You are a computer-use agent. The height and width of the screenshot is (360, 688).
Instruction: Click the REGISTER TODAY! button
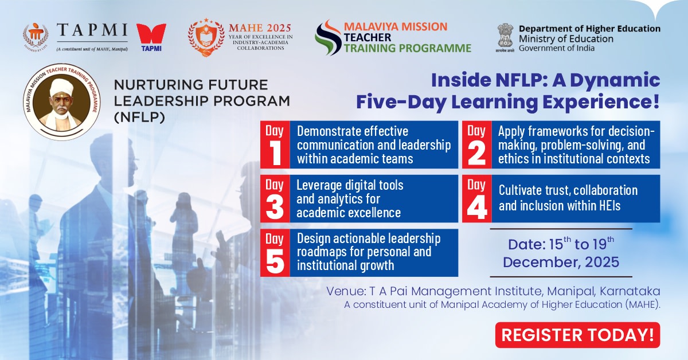[x=577, y=335]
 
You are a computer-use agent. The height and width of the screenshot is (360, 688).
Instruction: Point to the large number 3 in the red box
[x=275, y=208]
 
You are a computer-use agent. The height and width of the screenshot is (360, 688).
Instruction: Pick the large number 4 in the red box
[x=476, y=208]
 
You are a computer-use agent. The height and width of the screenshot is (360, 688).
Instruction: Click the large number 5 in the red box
[x=275, y=261]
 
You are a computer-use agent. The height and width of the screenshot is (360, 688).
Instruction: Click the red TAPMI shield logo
[x=152, y=36]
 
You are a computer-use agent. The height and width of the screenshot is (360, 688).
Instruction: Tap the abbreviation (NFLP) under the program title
[x=138, y=117]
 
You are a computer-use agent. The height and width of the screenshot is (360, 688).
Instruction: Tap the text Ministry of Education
[x=566, y=39]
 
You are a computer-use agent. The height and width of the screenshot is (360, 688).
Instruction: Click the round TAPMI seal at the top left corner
[x=36, y=37]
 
